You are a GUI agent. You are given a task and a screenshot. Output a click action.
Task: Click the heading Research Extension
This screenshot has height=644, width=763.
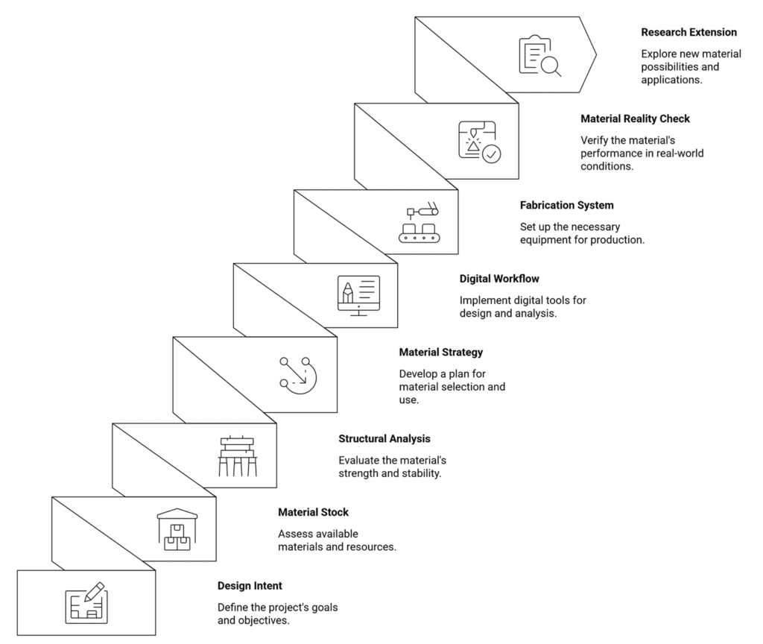pyautogui.click(x=688, y=32)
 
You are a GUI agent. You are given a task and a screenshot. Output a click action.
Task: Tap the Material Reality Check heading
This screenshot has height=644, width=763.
pyautogui.click(x=635, y=119)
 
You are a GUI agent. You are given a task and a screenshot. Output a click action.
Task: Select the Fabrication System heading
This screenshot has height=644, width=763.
pyautogui.click(x=566, y=206)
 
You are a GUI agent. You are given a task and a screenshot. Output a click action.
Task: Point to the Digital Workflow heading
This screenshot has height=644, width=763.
pyautogui.click(x=499, y=279)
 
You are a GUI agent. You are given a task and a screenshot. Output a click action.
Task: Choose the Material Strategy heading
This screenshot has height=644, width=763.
pyautogui.click(x=441, y=353)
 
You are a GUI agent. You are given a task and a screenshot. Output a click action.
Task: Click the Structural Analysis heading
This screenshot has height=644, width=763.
pyautogui.click(x=384, y=438)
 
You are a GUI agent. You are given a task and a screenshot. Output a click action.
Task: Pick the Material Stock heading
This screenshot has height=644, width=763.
pyautogui.click(x=314, y=512)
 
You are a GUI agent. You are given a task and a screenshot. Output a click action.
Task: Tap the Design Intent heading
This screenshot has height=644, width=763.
pyautogui.click(x=250, y=586)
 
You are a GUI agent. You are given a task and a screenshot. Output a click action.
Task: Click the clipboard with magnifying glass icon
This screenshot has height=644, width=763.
pyautogui.click(x=539, y=55)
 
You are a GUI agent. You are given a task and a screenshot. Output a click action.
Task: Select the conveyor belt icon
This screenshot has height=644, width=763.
pyautogui.click(x=419, y=222)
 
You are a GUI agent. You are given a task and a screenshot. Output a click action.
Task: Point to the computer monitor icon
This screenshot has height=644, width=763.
pyautogui.click(x=358, y=295)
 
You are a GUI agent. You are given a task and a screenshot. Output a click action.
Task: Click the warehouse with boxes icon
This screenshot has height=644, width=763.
pyautogui.click(x=177, y=530)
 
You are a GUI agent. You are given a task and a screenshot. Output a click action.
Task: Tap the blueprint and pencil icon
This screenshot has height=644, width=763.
pyautogui.click(x=86, y=602)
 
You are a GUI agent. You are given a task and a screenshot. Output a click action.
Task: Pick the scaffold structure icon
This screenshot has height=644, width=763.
pyautogui.click(x=238, y=456)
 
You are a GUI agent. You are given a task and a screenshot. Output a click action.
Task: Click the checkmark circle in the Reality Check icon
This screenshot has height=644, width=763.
pyautogui.click(x=492, y=154)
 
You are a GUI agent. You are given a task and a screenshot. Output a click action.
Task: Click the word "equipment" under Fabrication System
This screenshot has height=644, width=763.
pyautogui.click(x=543, y=240)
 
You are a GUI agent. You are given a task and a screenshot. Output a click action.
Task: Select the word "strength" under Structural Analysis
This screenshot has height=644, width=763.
pyautogui.click(x=358, y=473)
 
